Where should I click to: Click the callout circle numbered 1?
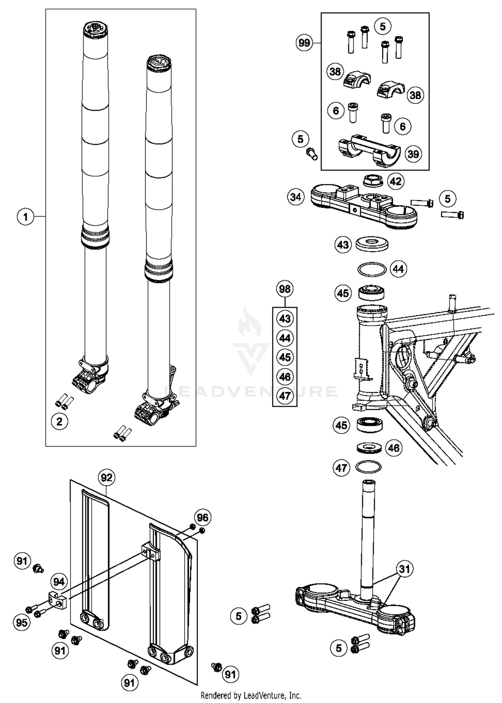coord(25,217)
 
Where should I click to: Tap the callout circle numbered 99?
coord(304,43)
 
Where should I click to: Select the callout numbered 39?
coord(413,154)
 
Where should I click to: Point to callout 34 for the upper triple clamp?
coord(296,197)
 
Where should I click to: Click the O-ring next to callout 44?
coord(372,269)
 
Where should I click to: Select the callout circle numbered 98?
coord(285,288)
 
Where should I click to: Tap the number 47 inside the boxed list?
coord(285,396)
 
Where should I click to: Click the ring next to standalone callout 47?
coord(368,467)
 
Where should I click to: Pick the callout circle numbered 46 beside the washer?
coord(394,448)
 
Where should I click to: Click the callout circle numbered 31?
coord(405,569)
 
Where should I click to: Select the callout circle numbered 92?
coord(106,478)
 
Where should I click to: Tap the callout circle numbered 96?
coord(202,517)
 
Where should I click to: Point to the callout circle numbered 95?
coord(22,622)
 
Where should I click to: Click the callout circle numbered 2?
coord(60,422)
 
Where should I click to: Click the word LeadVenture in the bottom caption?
coord(263,695)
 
